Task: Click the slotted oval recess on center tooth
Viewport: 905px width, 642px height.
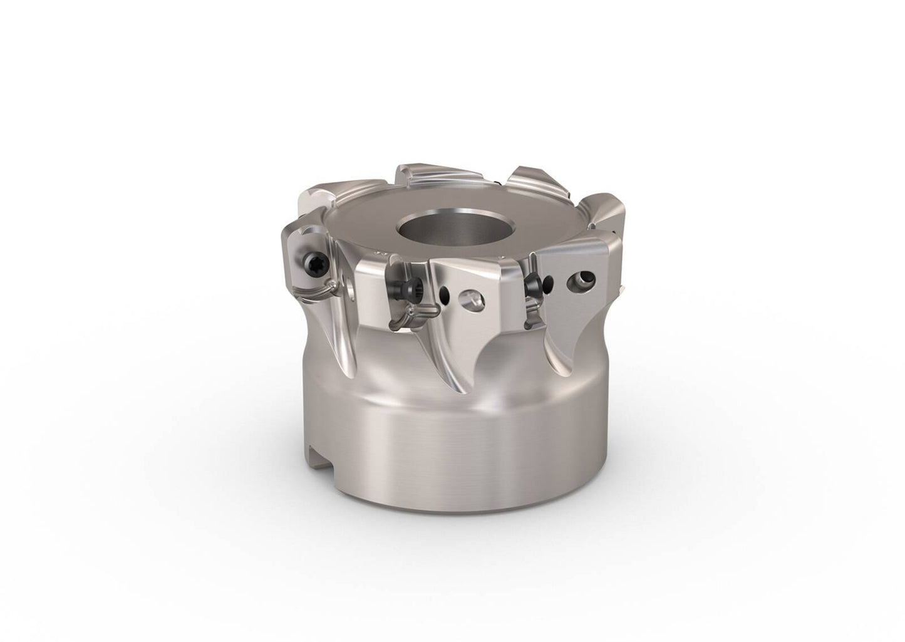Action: coord(472,299)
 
